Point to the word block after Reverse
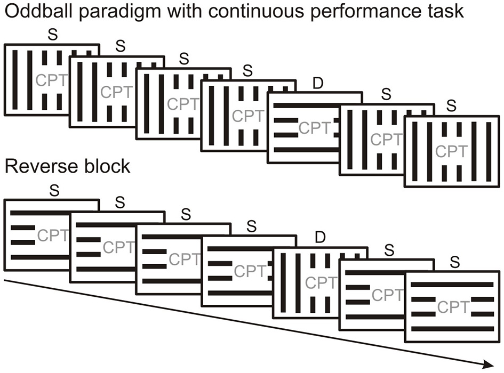104,166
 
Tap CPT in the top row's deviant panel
314,128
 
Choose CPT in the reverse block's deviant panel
320,282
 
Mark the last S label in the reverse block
454,262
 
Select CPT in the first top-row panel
51,80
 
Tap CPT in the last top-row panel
451,151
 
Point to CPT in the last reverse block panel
453,307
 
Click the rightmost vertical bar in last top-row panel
488,151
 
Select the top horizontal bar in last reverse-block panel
452,285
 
